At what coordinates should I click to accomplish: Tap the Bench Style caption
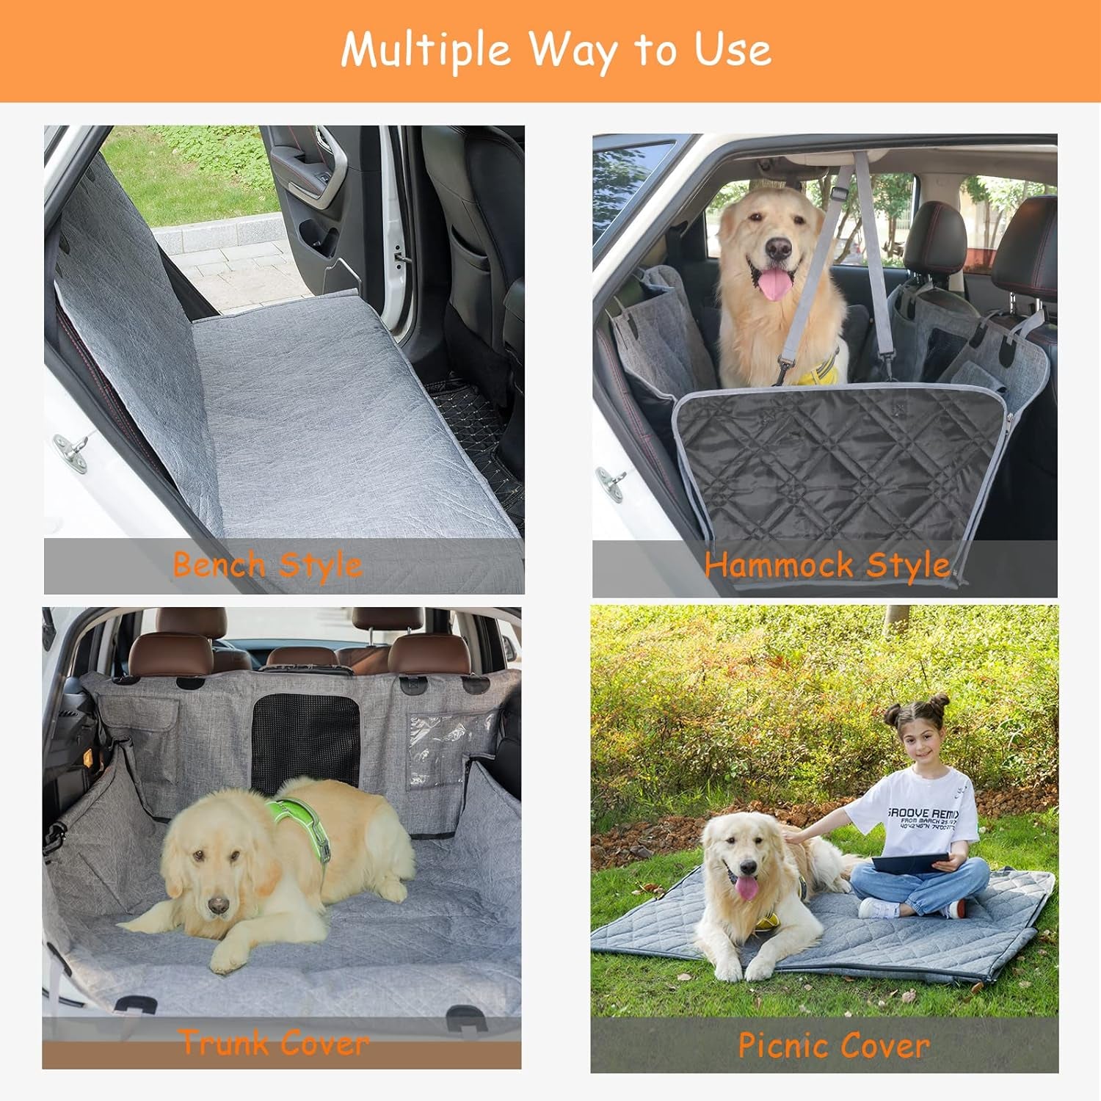point(267,565)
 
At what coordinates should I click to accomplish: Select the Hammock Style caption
point(827,565)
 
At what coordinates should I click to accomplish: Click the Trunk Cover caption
point(274,1043)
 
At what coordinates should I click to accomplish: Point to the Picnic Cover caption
point(833,1045)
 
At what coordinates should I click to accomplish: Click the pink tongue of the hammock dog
point(775,283)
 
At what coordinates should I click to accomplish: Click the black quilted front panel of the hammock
point(837,462)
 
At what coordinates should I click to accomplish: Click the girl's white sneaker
point(878,909)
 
